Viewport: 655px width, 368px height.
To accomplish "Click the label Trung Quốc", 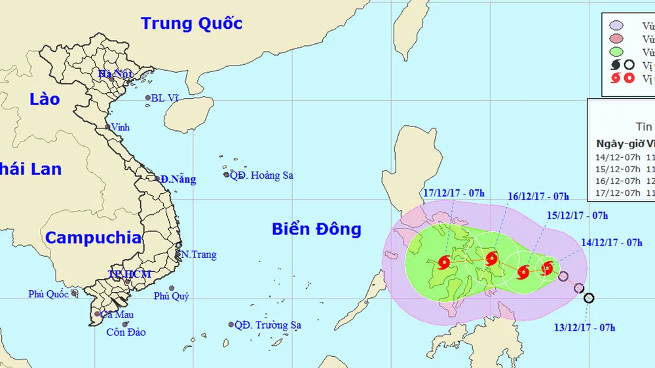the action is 192,24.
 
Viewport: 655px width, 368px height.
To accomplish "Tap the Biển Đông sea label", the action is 316,229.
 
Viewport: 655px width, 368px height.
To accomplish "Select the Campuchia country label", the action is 93,238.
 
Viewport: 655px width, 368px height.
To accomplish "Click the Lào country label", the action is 45,100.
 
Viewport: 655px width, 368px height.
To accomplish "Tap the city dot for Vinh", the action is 107,127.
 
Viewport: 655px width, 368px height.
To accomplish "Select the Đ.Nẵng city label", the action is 178,179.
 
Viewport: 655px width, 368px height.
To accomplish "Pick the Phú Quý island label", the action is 171,296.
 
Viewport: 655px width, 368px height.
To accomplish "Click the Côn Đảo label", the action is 126,332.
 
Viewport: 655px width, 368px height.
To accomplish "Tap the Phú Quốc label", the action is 48,294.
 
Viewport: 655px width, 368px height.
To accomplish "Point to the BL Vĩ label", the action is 164,98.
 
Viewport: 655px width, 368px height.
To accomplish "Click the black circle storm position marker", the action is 588,298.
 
